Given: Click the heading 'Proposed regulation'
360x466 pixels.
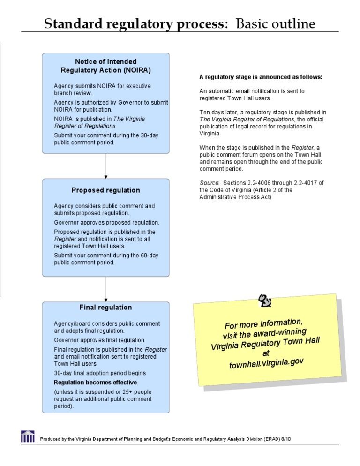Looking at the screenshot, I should click(x=105, y=190).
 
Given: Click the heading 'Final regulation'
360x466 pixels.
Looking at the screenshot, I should click(x=105, y=308).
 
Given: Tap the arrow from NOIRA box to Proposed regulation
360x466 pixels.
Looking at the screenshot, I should click(x=106, y=166).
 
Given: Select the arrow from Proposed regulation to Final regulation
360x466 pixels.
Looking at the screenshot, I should click(x=106, y=289).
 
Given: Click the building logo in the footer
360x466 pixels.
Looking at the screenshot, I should click(x=28, y=436).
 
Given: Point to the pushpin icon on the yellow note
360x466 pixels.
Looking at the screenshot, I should click(x=265, y=300).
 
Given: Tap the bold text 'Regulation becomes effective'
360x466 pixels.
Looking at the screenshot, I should click(x=95, y=383).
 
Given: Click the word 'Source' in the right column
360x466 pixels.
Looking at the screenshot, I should click(x=209, y=183).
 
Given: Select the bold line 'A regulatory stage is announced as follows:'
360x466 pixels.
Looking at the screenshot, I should click(x=261, y=77).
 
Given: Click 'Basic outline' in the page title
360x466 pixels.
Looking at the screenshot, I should click(x=276, y=24).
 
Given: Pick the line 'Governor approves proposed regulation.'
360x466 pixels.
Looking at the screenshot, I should click(x=106, y=223).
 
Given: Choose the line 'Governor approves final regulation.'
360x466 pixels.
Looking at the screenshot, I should click(x=100, y=340).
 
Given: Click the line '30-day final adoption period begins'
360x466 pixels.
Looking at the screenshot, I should click(x=100, y=373).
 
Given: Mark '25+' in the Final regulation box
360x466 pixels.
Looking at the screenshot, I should click(x=123, y=392).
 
